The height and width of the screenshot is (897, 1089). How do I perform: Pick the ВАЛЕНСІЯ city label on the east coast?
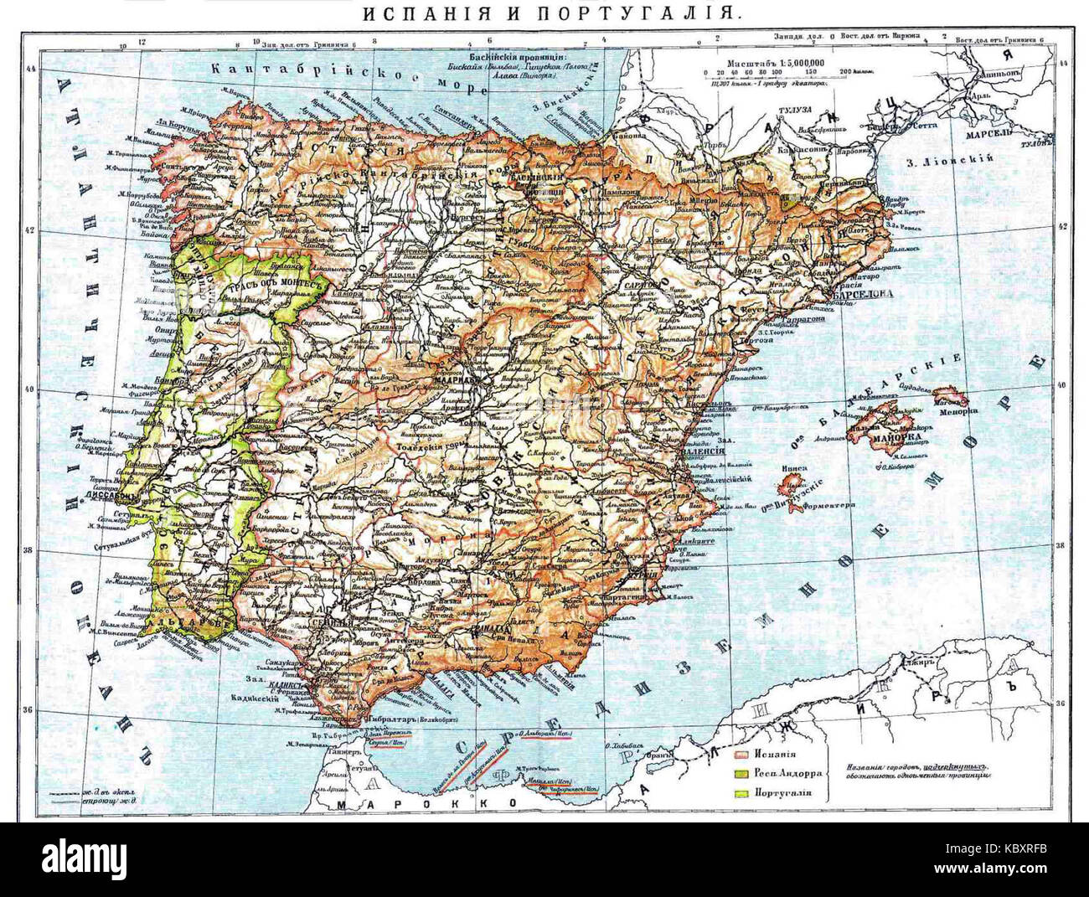click(700, 451)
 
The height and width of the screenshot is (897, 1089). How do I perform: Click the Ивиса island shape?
click(790, 485)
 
